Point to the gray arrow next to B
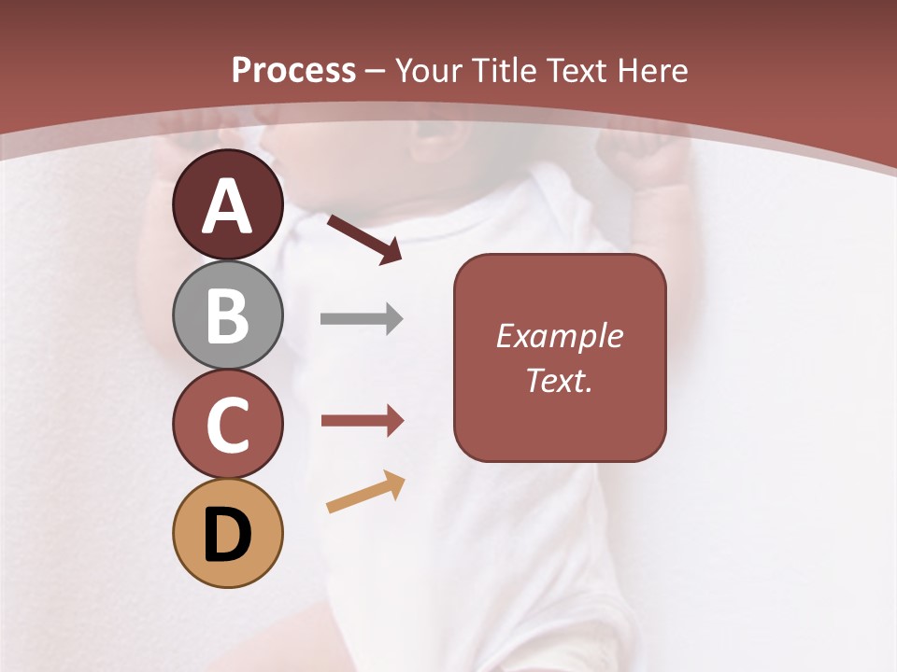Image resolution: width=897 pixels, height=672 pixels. (x=362, y=319)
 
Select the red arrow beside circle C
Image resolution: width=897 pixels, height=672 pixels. (x=363, y=421)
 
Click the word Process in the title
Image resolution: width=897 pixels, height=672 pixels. (x=293, y=71)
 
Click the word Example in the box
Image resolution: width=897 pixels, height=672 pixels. (x=560, y=336)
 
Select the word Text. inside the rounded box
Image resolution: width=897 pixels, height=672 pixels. (x=560, y=380)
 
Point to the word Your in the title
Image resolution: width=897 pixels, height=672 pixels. (x=429, y=71)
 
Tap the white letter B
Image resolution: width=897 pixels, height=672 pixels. (x=227, y=315)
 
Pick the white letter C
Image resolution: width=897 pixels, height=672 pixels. (x=227, y=425)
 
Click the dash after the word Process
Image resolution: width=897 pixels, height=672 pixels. (x=376, y=72)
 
